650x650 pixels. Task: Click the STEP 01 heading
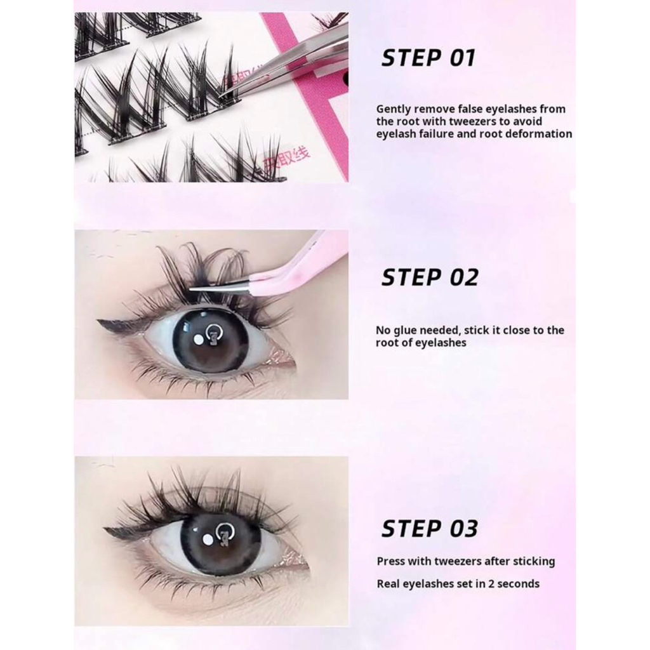pyautogui.click(x=428, y=58)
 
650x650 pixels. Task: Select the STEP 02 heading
pyautogui.click(x=429, y=277)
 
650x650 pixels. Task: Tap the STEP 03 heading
pyautogui.click(x=429, y=528)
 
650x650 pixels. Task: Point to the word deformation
pyautogui.click(x=541, y=134)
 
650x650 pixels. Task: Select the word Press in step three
pyautogui.click(x=391, y=561)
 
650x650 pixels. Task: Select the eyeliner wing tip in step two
pyautogui.click(x=102, y=323)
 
